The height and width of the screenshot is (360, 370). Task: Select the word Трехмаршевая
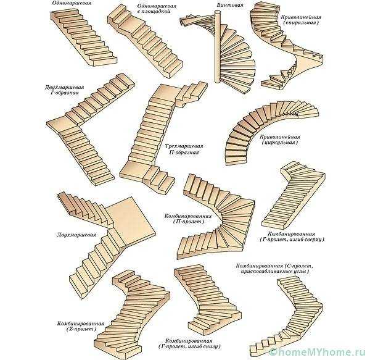pyautogui.click(x=184, y=146)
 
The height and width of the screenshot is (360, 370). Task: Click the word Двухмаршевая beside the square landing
pyautogui.click(x=76, y=235)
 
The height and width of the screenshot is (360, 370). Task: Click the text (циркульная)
pyautogui.click(x=279, y=142)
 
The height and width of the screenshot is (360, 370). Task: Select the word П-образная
pyautogui.click(x=184, y=153)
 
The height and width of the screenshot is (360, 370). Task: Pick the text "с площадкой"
pyautogui.click(x=157, y=12)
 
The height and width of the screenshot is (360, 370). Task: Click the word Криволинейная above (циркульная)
pyautogui.click(x=280, y=135)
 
